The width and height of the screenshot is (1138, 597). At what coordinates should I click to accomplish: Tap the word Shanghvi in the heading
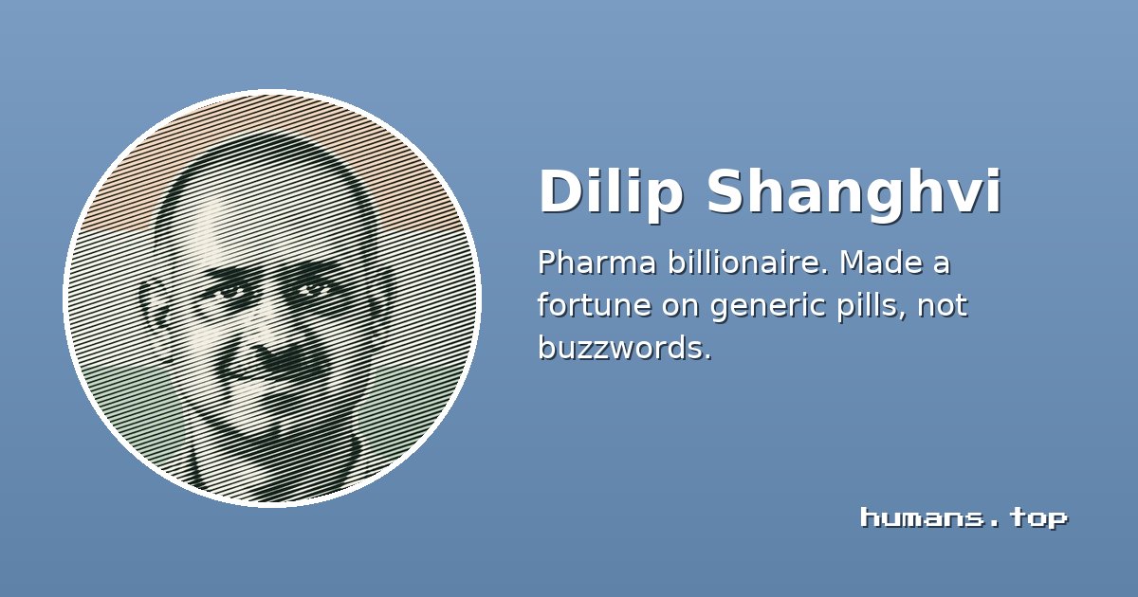tap(854, 191)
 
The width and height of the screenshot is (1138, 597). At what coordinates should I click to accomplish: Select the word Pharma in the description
tap(597, 263)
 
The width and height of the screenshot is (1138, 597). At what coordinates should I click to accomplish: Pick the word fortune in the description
tap(595, 305)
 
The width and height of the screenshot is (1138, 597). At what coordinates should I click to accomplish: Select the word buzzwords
tap(625, 348)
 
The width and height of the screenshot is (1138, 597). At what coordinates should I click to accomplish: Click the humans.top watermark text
tap(964, 517)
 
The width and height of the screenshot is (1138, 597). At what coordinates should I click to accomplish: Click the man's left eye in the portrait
tap(311, 289)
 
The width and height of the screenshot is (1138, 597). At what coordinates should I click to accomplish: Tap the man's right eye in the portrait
tap(230, 292)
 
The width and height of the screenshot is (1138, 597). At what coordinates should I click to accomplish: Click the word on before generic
tap(680, 308)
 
